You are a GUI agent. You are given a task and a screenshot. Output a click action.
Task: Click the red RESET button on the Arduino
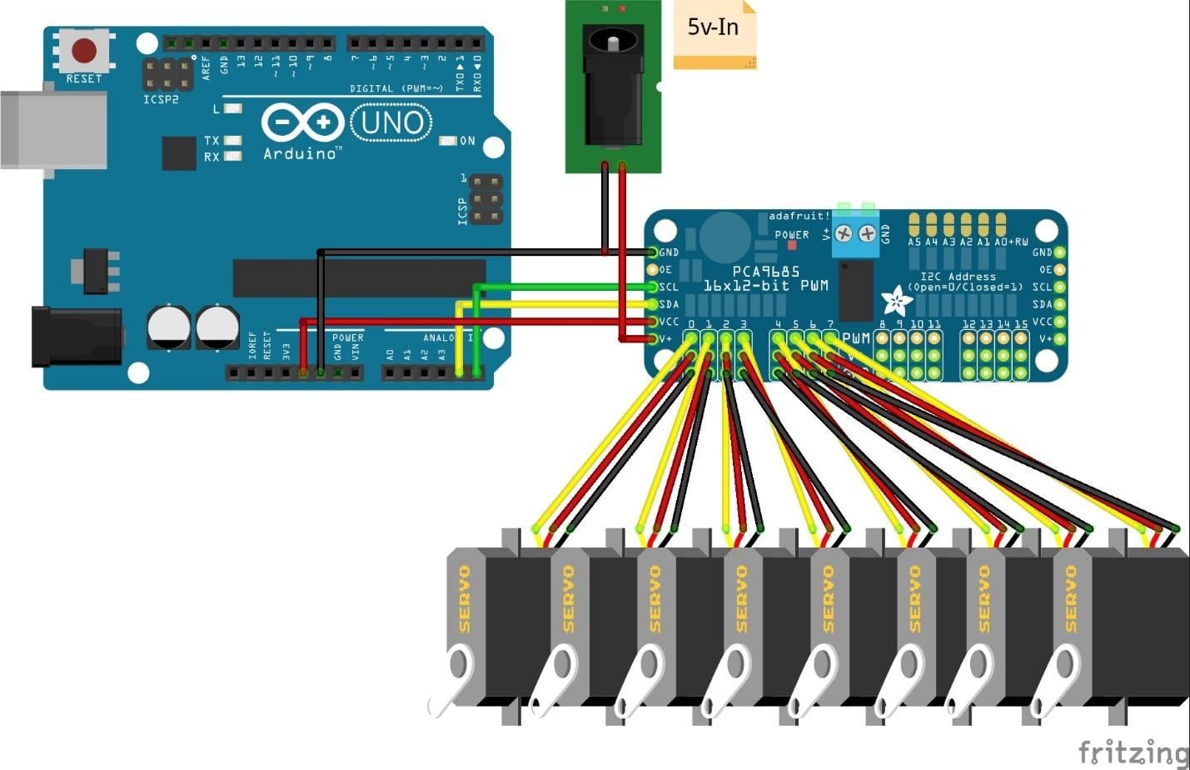(84, 51)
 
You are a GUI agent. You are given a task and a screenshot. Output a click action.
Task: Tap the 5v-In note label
(714, 28)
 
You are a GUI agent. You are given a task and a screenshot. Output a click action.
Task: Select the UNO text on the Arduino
(392, 123)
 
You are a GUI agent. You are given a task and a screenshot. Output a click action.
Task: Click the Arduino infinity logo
(302, 123)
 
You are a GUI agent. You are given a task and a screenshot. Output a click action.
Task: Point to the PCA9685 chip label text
(766, 272)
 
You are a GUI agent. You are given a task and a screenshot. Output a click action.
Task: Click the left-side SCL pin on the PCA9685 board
(653, 287)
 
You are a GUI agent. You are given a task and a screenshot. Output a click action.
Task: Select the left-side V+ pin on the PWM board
(653, 339)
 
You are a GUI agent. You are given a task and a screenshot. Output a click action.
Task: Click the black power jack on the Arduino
(75, 336)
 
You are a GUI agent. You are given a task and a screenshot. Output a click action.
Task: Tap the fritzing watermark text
(1133, 752)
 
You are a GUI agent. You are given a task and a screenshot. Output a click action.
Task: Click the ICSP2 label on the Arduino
(161, 100)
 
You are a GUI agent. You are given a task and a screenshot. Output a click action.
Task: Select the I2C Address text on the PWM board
(958, 277)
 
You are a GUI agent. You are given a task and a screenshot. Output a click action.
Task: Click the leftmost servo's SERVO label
(465, 598)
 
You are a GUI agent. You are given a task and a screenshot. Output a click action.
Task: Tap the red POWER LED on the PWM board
(792, 247)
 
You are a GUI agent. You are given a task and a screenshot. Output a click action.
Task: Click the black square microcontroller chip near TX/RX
(178, 153)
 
